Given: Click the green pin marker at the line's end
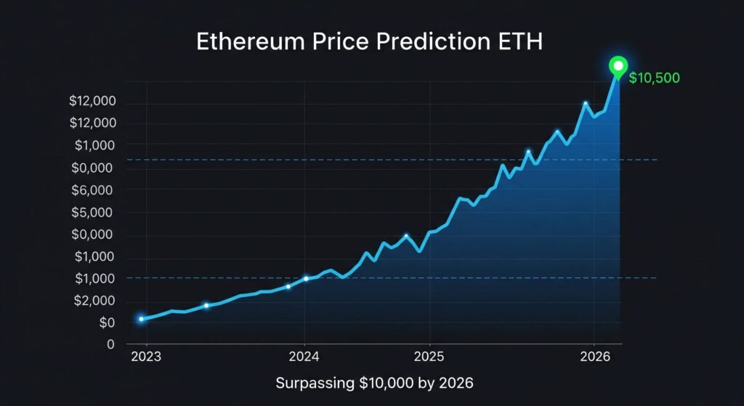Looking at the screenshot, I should point(618,67).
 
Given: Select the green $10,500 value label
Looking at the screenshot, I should point(654,78).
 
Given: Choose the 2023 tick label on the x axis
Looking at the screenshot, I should point(147,357).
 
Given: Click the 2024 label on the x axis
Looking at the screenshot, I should point(304,357).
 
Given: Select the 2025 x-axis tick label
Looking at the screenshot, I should point(429,357).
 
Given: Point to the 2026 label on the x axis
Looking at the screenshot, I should point(594,357).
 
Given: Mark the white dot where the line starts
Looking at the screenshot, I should point(141,319).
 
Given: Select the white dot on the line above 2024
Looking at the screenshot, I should point(306,278).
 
